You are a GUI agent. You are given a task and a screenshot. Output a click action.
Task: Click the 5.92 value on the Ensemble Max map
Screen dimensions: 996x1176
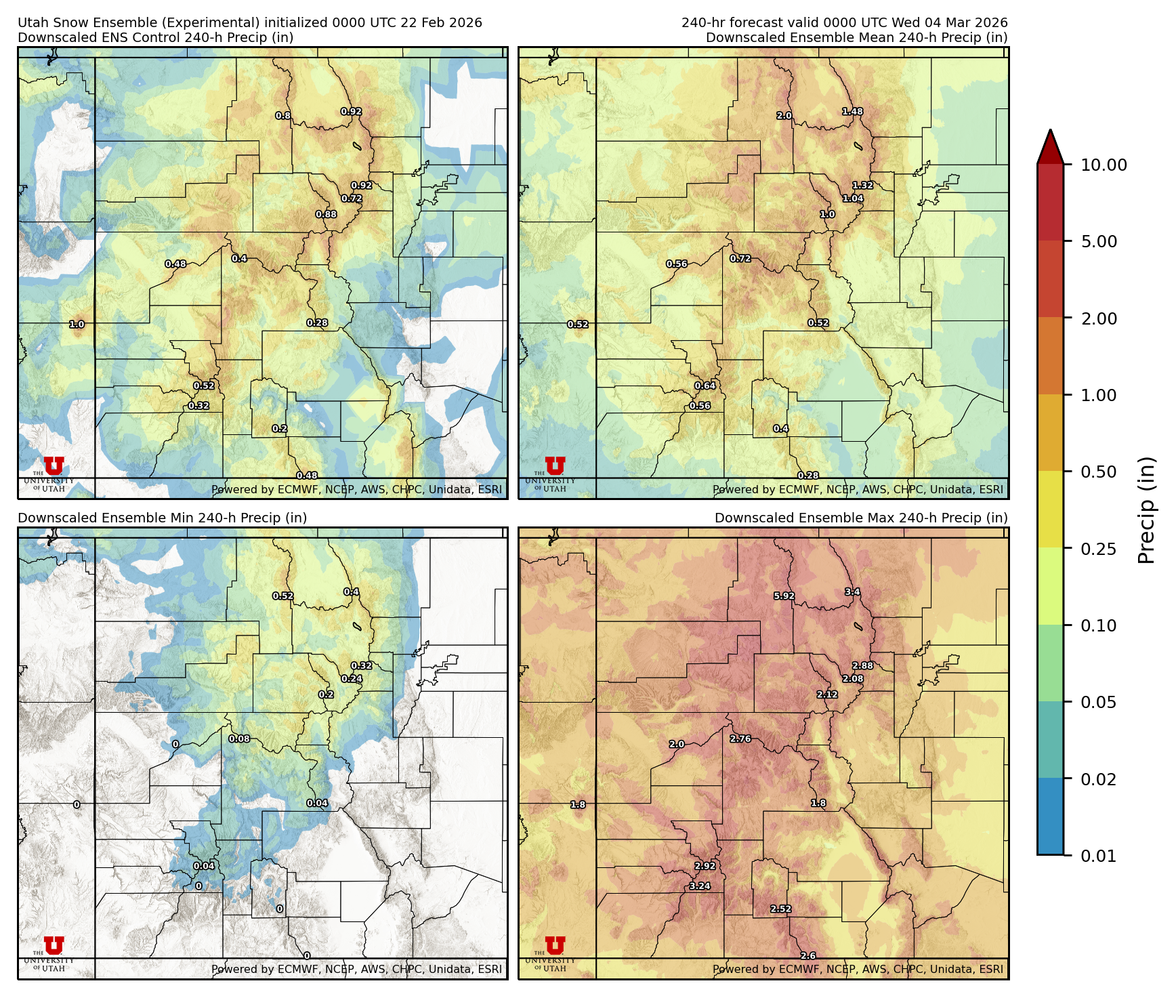[x=784, y=596]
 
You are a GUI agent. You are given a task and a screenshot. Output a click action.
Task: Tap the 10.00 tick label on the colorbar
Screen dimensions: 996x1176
[x=1104, y=165]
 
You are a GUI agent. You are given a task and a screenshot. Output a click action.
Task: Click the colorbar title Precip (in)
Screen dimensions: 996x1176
[x=1146, y=510]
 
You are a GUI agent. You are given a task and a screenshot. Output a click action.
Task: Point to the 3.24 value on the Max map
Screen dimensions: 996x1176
[x=700, y=886]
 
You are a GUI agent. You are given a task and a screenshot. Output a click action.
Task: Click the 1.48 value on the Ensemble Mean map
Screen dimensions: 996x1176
[x=852, y=112]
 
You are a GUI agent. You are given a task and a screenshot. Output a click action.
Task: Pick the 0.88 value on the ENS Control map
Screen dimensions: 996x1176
[x=326, y=215]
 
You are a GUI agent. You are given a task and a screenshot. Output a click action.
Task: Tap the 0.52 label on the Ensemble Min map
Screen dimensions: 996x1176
[x=282, y=596]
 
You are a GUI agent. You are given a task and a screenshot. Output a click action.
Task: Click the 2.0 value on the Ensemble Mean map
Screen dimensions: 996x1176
[x=784, y=116]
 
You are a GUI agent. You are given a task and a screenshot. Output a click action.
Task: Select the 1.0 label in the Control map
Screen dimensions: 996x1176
[x=77, y=325]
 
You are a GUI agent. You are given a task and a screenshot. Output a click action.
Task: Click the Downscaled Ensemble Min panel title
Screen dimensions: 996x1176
[x=162, y=518]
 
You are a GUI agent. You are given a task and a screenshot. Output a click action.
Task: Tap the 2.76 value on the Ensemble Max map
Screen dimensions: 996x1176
[x=740, y=739]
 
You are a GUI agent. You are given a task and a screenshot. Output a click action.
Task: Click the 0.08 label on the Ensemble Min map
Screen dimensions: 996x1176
[x=239, y=739]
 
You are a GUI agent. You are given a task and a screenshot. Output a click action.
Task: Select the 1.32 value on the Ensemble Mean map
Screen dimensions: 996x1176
[x=862, y=186]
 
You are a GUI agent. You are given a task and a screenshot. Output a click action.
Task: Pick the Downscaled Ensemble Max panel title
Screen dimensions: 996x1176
[x=860, y=518]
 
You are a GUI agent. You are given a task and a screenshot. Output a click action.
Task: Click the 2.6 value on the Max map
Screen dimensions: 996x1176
[x=807, y=955]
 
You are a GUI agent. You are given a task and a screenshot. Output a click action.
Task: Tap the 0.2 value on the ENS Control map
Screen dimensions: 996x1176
[x=279, y=429]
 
